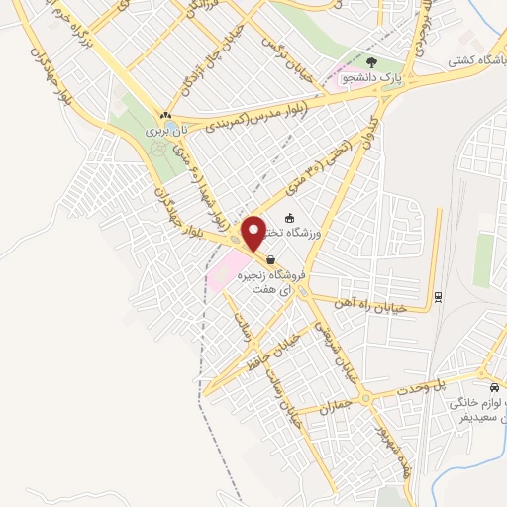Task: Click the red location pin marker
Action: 253,233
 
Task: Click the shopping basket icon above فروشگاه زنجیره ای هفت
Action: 271,259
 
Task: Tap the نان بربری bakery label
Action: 165,131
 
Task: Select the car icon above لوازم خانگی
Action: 494,386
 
